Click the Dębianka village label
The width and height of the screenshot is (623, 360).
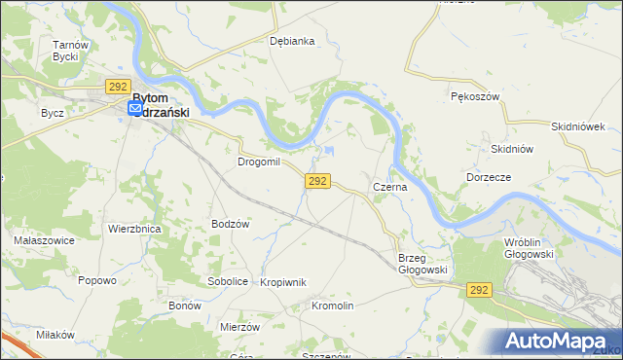(x=292, y=41)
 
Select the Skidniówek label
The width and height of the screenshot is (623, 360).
(x=578, y=126)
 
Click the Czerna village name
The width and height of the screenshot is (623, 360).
(x=389, y=185)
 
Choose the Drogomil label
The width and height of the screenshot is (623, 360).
(x=259, y=162)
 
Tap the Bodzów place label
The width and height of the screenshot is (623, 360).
(x=232, y=224)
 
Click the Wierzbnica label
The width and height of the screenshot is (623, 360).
(x=134, y=229)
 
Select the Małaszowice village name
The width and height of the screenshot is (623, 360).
(x=39, y=239)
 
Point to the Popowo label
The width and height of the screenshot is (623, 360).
(x=97, y=280)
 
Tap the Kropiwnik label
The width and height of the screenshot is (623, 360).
(x=283, y=282)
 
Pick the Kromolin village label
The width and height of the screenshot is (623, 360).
(x=332, y=306)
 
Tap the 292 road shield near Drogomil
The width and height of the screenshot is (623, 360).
(x=318, y=181)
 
